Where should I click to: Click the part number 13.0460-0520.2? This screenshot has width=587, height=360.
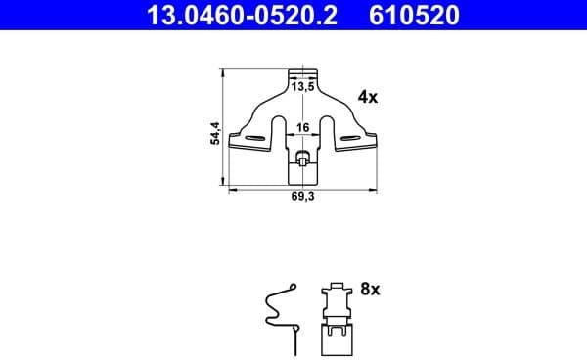pyautogui.click(x=236, y=16)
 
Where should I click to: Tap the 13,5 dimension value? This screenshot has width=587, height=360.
pyautogui.click(x=304, y=87)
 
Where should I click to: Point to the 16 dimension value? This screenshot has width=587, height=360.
pyautogui.click(x=303, y=127)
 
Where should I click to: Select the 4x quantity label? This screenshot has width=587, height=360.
pyautogui.click(x=368, y=97)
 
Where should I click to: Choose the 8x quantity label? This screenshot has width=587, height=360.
pyautogui.click(x=369, y=291)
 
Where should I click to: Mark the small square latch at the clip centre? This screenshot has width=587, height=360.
pyautogui.click(x=304, y=158)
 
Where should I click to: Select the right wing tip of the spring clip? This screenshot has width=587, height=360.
pyautogui.click(x=375, y=146)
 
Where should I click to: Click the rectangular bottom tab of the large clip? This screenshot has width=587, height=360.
pyautogui.click(x=304, y=174)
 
